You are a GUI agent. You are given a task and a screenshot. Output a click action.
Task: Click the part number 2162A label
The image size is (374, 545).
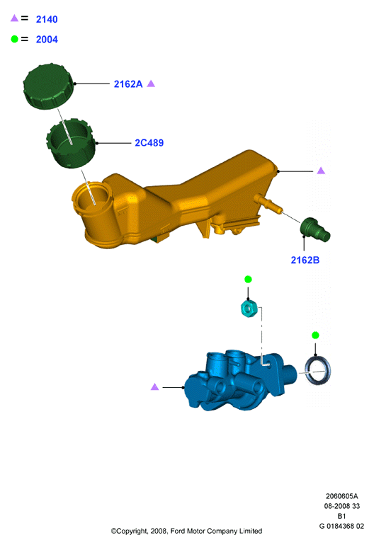coord(128,84)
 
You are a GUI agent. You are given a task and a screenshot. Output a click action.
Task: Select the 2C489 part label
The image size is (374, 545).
coord(149,143)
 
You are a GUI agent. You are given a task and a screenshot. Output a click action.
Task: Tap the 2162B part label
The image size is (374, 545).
coord(305,260)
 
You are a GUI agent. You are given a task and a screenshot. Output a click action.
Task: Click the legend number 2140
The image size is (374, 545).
coord(47,19)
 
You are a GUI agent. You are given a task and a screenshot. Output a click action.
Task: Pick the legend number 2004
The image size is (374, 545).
coord(47,39)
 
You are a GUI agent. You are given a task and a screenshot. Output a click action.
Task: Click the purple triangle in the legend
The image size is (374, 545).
coord(14,18)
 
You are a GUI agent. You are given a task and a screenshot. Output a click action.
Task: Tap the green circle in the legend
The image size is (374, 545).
coord(14,39)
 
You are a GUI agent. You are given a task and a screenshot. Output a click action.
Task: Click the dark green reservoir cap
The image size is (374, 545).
coord(48,86)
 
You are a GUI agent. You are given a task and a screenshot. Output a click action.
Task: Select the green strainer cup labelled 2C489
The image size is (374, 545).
coord(71,144)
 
